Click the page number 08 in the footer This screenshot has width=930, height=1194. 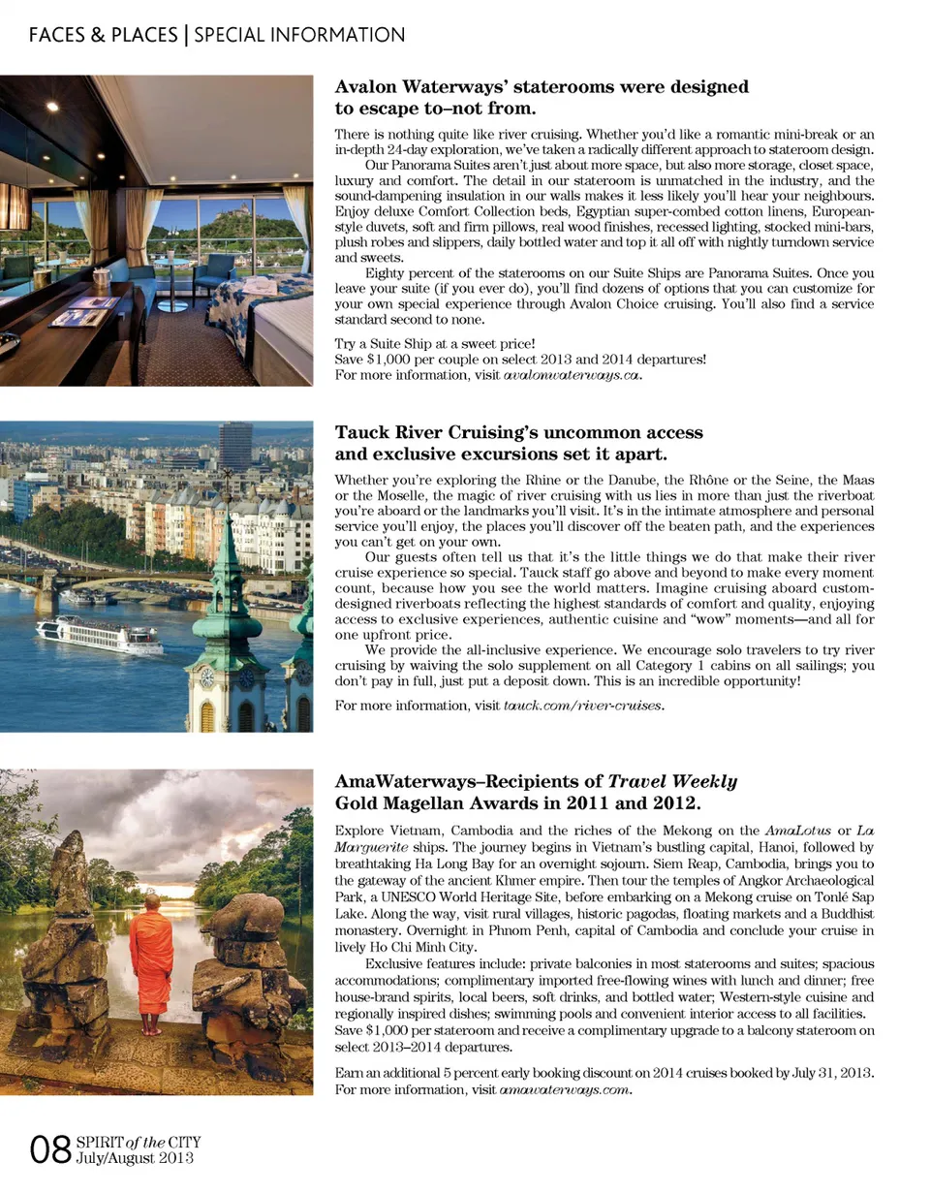48,1150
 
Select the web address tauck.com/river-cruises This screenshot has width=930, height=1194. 583,706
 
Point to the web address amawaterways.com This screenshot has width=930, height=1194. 565,1090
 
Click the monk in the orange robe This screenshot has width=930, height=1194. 152,959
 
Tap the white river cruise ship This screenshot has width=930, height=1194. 99,636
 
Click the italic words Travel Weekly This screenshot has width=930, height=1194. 672,781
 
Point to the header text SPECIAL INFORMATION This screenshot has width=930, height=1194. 299,36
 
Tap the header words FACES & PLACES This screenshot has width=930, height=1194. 103,36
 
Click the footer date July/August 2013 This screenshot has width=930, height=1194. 135,1159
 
